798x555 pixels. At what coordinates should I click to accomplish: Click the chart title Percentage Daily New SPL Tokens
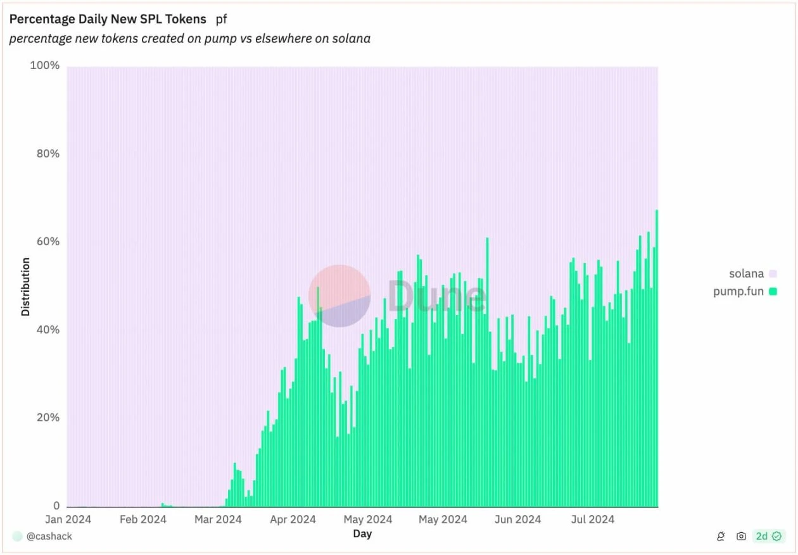(x=108, y=19)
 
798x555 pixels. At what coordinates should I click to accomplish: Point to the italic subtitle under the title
(x=189, y=39)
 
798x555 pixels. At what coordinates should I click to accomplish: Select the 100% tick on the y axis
(x=45, y=66)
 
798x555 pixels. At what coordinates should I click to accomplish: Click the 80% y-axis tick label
(x=46, y=154)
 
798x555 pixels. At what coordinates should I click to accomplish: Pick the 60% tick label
(x=46, y=242)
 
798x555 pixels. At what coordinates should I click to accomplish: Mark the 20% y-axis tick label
(x=46, y=418)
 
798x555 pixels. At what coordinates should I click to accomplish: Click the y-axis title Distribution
(x=25, y=286)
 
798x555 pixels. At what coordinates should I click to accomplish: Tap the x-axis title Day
(x=362, y=534)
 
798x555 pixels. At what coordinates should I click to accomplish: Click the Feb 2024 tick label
(x=142, y=520)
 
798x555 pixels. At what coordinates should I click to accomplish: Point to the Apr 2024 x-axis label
(x=292, y=520)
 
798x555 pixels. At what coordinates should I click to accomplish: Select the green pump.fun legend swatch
(x=773, y=292)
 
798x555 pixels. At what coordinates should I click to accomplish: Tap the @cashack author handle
(x=49, y=536)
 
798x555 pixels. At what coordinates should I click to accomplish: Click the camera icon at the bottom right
(x=741, y=536)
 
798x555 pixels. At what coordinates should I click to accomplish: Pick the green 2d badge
(x=768, y=536)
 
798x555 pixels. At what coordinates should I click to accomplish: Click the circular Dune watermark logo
(x=339, y=296)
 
